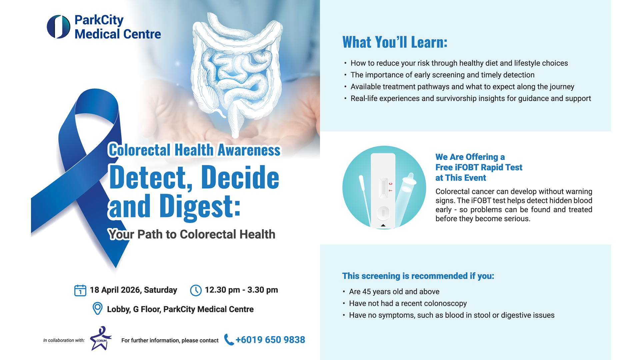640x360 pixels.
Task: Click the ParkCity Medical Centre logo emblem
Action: click(x=59, y=27)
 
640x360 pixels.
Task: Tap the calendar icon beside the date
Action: click(x=80, y=290)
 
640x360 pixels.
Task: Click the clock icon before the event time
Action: click(x=196, y=290)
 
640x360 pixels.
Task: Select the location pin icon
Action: click(x=97, y=308)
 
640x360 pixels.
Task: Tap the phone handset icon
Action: click(x=229, y=340)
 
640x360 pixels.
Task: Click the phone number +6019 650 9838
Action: click(x=270, y=340)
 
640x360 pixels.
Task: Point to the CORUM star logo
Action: click(x=101, y=338)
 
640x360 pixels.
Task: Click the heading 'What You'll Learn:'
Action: click(x=395, y=42)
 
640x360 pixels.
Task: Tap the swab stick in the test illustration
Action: click(x=365, y=200)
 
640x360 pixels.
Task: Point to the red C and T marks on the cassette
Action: click(x=390, y=187)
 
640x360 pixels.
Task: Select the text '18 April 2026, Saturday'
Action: click(x=133, y=290)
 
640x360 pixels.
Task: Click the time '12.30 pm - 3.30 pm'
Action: click(x=241, y=290)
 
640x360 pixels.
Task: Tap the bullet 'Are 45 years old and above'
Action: click(x=394, y=292)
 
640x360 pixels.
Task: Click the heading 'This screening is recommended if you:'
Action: click(x=418, y=276)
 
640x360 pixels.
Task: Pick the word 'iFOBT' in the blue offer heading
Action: click(x=467, y=167)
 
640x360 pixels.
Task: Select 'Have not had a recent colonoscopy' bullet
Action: click(x=408, y=303)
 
